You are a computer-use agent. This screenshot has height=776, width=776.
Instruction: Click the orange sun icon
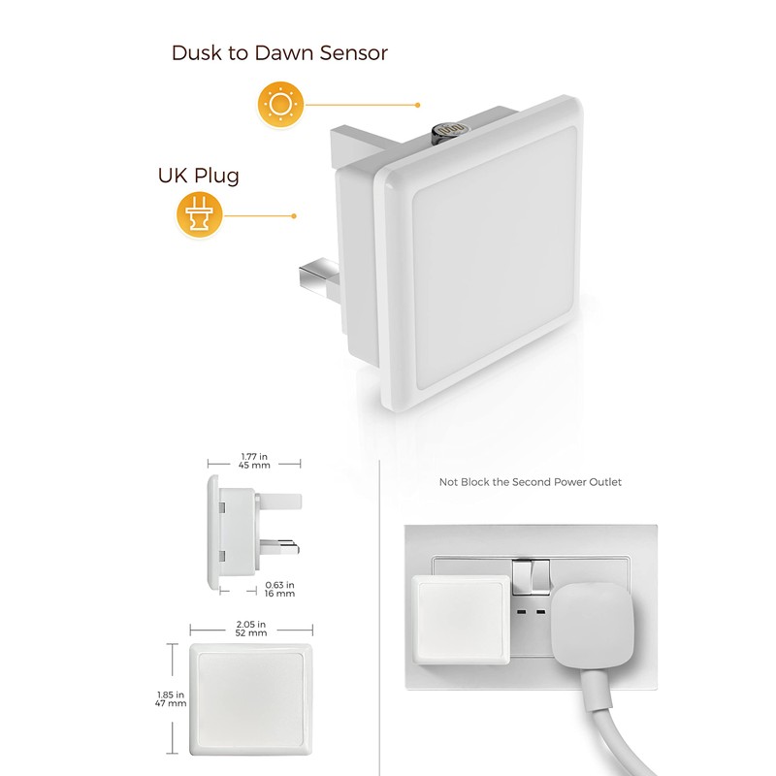pyautogui.click(x=279, y=104)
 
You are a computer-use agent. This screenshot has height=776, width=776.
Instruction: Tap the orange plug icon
pyautogui.click(x=199, y=215)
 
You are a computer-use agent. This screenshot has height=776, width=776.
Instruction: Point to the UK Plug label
pyautogui.click(x=198, y=176)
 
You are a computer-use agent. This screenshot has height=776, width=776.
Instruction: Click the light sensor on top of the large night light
pyautogui.click(x=449, y=128)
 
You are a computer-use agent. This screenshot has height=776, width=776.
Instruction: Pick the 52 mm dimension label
pyautogui.click(x=251, y=631)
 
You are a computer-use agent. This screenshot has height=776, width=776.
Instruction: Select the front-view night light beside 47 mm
pyautogui.click(x=252, y=696)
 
